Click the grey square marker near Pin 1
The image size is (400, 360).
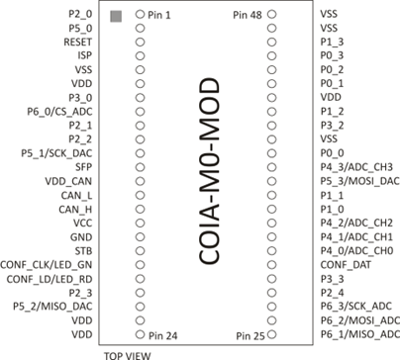[115, 16]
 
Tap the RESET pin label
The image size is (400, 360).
[78, 43]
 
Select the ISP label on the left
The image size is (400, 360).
[84, 56]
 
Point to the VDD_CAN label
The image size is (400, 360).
[68, 182]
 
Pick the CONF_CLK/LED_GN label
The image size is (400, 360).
[49, 265]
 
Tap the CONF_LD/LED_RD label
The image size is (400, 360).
[50, 279]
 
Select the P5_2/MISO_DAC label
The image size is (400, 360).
[55, 307]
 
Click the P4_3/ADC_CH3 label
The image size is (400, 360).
[357, 168]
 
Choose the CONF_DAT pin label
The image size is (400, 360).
[346, 265]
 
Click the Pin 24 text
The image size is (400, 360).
[163, 335]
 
